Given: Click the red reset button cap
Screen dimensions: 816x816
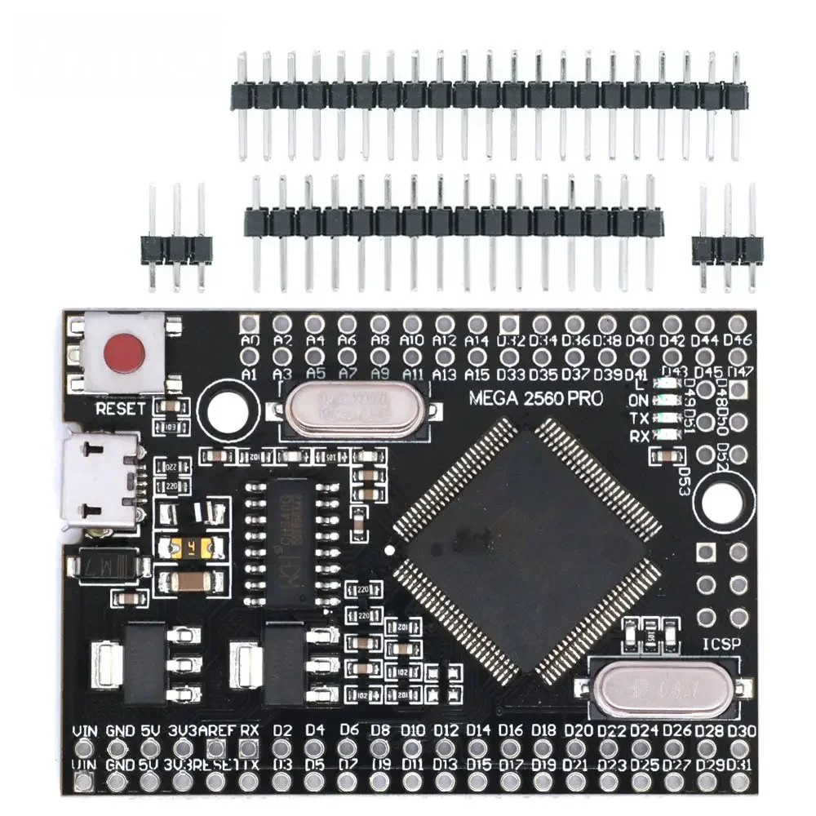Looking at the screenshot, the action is point(122,353).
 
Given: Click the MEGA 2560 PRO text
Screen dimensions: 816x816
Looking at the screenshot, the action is point(536,399).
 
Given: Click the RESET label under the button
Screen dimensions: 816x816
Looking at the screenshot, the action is point(120,407).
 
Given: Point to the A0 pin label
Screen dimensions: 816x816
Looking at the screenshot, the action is point(251,340).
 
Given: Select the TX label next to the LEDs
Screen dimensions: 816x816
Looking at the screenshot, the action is point(639,418).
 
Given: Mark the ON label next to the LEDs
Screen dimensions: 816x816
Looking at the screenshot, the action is point(639,401).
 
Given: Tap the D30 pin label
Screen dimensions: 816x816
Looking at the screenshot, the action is point(741,730).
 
